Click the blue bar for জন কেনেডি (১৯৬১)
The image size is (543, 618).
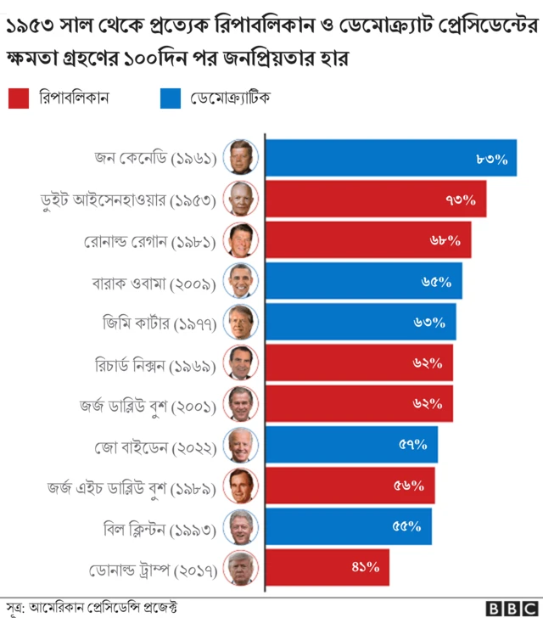coord(390,158)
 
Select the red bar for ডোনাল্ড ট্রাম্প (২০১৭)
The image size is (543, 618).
coord(327,567)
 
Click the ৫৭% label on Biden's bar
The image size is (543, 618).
coord(413,445)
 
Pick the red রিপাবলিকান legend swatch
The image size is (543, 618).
coord(19,98)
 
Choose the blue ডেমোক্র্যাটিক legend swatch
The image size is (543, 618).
coord(171,98)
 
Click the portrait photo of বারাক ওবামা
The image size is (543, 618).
coord(240,282)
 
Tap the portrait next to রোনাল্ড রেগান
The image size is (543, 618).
coord(240,241)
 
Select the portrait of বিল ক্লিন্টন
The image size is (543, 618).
coord(240,527)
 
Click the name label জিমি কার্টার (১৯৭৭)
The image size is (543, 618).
coord(159,323)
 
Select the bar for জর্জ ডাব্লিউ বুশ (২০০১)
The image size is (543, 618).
coord(359,404)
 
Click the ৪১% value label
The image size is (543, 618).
coord(365,567)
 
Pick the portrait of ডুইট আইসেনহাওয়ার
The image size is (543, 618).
coord(240,199)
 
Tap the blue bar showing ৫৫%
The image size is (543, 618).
coord(349,526)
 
